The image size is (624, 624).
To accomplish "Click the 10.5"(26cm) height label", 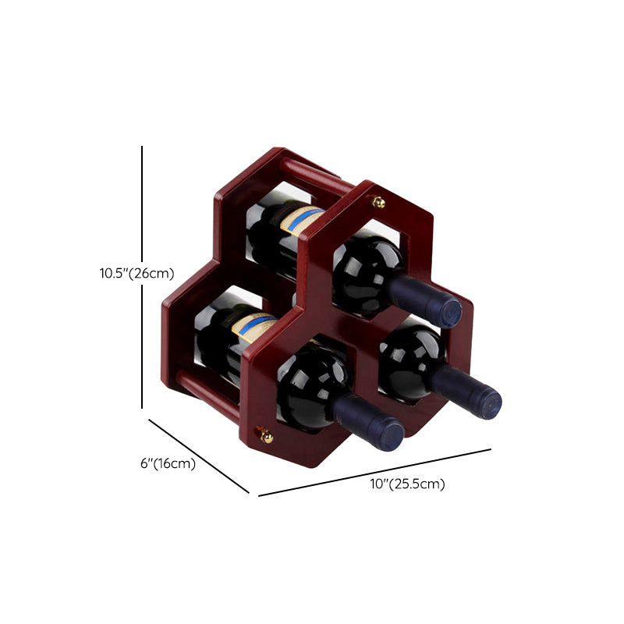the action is tap(137, 274).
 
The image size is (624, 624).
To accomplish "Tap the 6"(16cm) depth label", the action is tap(168, 463).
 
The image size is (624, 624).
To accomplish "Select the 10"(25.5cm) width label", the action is tap(407, 484).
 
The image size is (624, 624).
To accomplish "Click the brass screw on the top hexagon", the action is tap(378, 202).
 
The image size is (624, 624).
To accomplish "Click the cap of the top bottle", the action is tap(450, 314).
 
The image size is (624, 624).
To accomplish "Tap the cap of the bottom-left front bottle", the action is tap(392, 437).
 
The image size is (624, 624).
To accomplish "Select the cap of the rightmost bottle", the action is tap(489, 404).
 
